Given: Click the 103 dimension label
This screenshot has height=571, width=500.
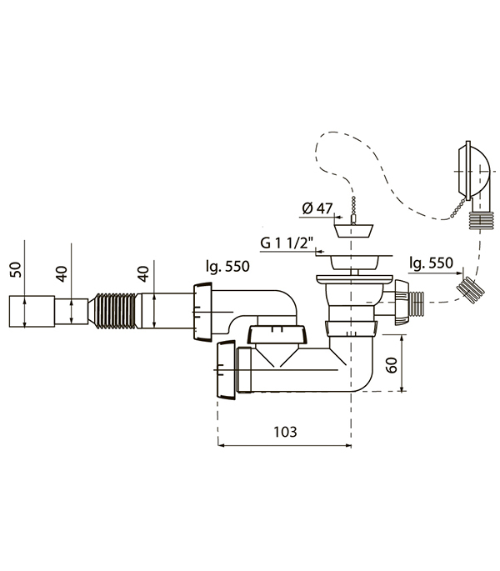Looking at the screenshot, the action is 285,432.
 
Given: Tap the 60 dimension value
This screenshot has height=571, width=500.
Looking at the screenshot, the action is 392,365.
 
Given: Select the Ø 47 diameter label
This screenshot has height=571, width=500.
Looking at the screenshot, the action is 317,208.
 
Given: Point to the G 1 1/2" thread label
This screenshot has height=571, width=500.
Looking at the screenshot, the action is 287,243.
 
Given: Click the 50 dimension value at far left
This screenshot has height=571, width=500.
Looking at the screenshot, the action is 17,270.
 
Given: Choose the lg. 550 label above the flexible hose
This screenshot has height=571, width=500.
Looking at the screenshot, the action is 227,266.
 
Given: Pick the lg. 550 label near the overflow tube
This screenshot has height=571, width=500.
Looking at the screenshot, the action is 431,263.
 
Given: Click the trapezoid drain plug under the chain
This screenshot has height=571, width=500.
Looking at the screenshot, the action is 353,231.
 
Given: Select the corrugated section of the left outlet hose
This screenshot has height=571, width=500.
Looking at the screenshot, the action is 115,311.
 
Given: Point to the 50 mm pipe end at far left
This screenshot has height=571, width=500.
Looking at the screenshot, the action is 32,312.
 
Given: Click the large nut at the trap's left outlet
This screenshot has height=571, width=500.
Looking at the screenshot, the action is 226,370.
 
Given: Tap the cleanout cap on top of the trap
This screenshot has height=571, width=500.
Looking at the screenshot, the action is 277,334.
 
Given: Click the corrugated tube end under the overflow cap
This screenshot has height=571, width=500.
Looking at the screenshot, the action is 480,219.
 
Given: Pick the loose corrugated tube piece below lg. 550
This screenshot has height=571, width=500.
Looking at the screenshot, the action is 470,290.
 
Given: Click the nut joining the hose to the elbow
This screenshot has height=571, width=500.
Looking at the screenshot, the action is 202,312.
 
